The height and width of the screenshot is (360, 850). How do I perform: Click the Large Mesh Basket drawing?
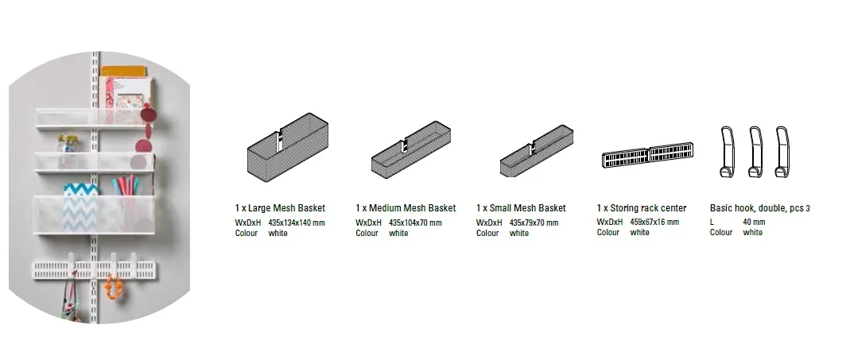(x=287, y=148)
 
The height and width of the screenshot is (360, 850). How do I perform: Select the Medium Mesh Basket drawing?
(x=410, y=149)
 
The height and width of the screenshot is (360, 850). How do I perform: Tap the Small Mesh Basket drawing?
(x=536, y=151)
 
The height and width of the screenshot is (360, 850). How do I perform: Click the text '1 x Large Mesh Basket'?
(x=280, y=208)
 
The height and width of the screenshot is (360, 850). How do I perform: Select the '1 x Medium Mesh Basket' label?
(x=406, y=208)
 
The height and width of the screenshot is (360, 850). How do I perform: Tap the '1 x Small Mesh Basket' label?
(x=521, y=208)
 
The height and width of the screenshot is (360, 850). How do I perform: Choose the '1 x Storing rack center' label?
(x=642, y=208)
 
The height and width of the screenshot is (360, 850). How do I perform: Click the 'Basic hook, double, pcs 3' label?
(x=760, y=208)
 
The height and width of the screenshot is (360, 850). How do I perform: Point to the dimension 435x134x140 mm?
(x=297, y=223)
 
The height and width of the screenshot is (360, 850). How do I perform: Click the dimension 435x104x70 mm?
(x=415, y=223)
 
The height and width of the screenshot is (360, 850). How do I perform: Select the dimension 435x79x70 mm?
(x=534, y=223)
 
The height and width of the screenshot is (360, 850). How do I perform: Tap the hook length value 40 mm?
(x=754, y=223)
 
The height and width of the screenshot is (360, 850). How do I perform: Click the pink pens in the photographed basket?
(x=125, y=185)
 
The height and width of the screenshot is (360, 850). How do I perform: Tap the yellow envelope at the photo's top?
(x=124, y=72)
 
